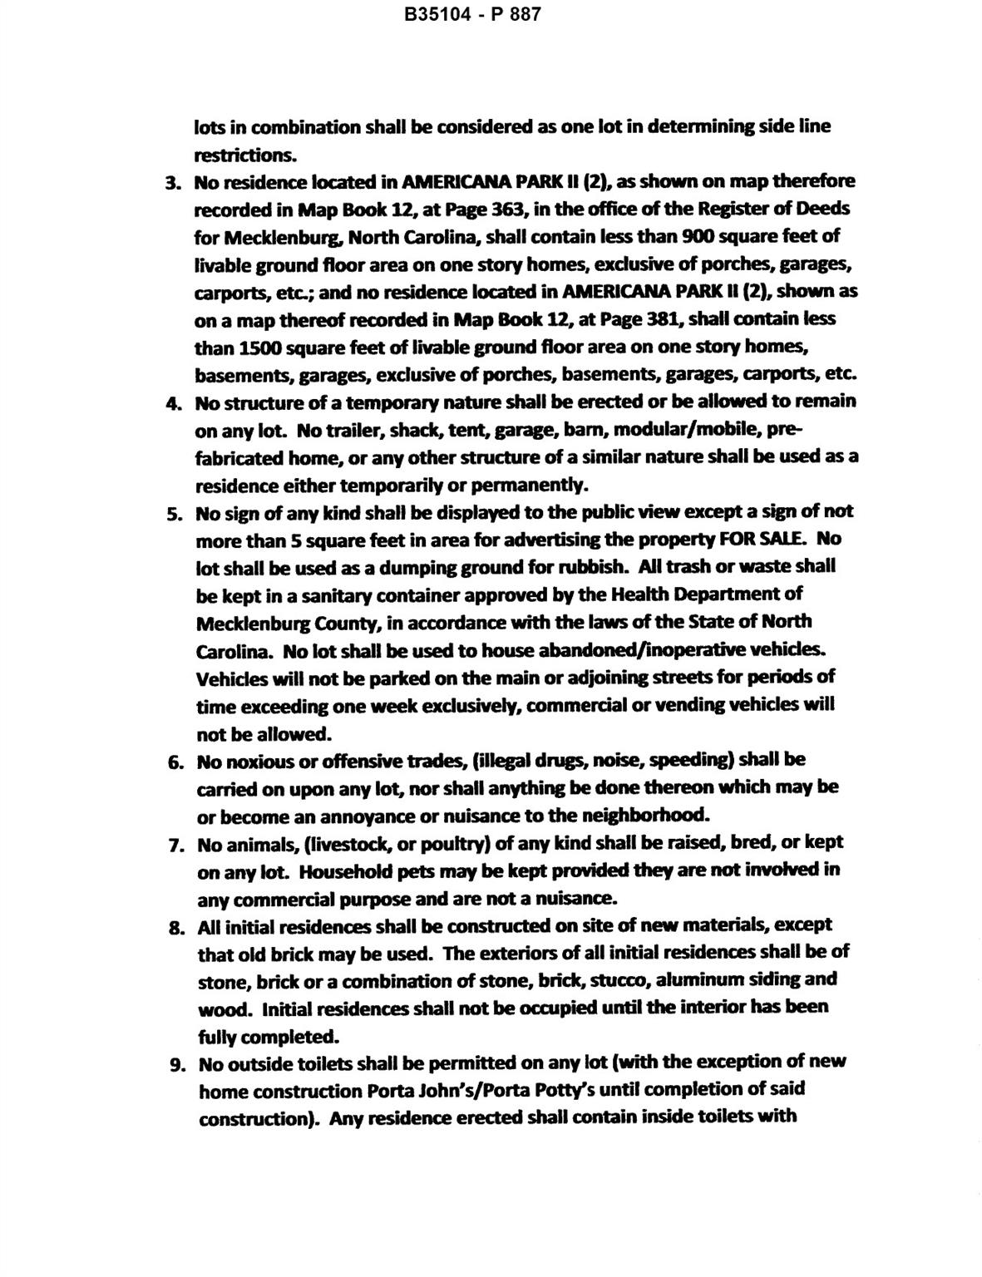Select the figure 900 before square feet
point(697,236)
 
